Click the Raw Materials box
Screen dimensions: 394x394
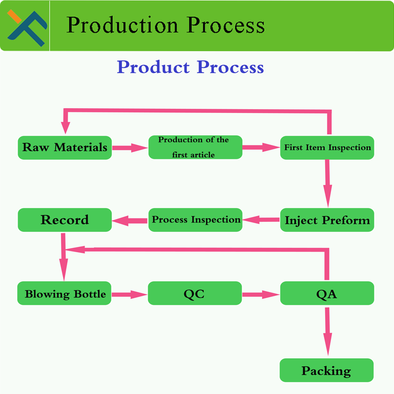click(x=65, y=148)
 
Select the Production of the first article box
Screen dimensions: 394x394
click(x=195, y=147)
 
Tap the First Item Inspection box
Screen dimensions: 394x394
click(x=327, y=148)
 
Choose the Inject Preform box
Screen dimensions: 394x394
click(x=327, y=220)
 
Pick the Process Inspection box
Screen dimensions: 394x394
click(x=196, y=220)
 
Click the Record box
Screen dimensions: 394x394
click(x=65, y=220)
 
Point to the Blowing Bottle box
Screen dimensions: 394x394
click(x=65, y=294)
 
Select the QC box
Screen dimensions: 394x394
click(x=194, y=294)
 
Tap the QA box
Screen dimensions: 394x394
click(x=327, y=294)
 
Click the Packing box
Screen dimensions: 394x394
click(x=326, y=371)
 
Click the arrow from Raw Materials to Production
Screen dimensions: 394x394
click(x=130, y=148)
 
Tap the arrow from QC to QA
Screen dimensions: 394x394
click(x=261, y=295)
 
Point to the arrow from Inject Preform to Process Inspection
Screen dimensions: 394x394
click(x=261, y=220)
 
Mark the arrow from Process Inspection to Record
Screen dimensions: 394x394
click(x=130, y=221)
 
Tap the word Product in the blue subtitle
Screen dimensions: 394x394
click(x=153, y=67)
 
